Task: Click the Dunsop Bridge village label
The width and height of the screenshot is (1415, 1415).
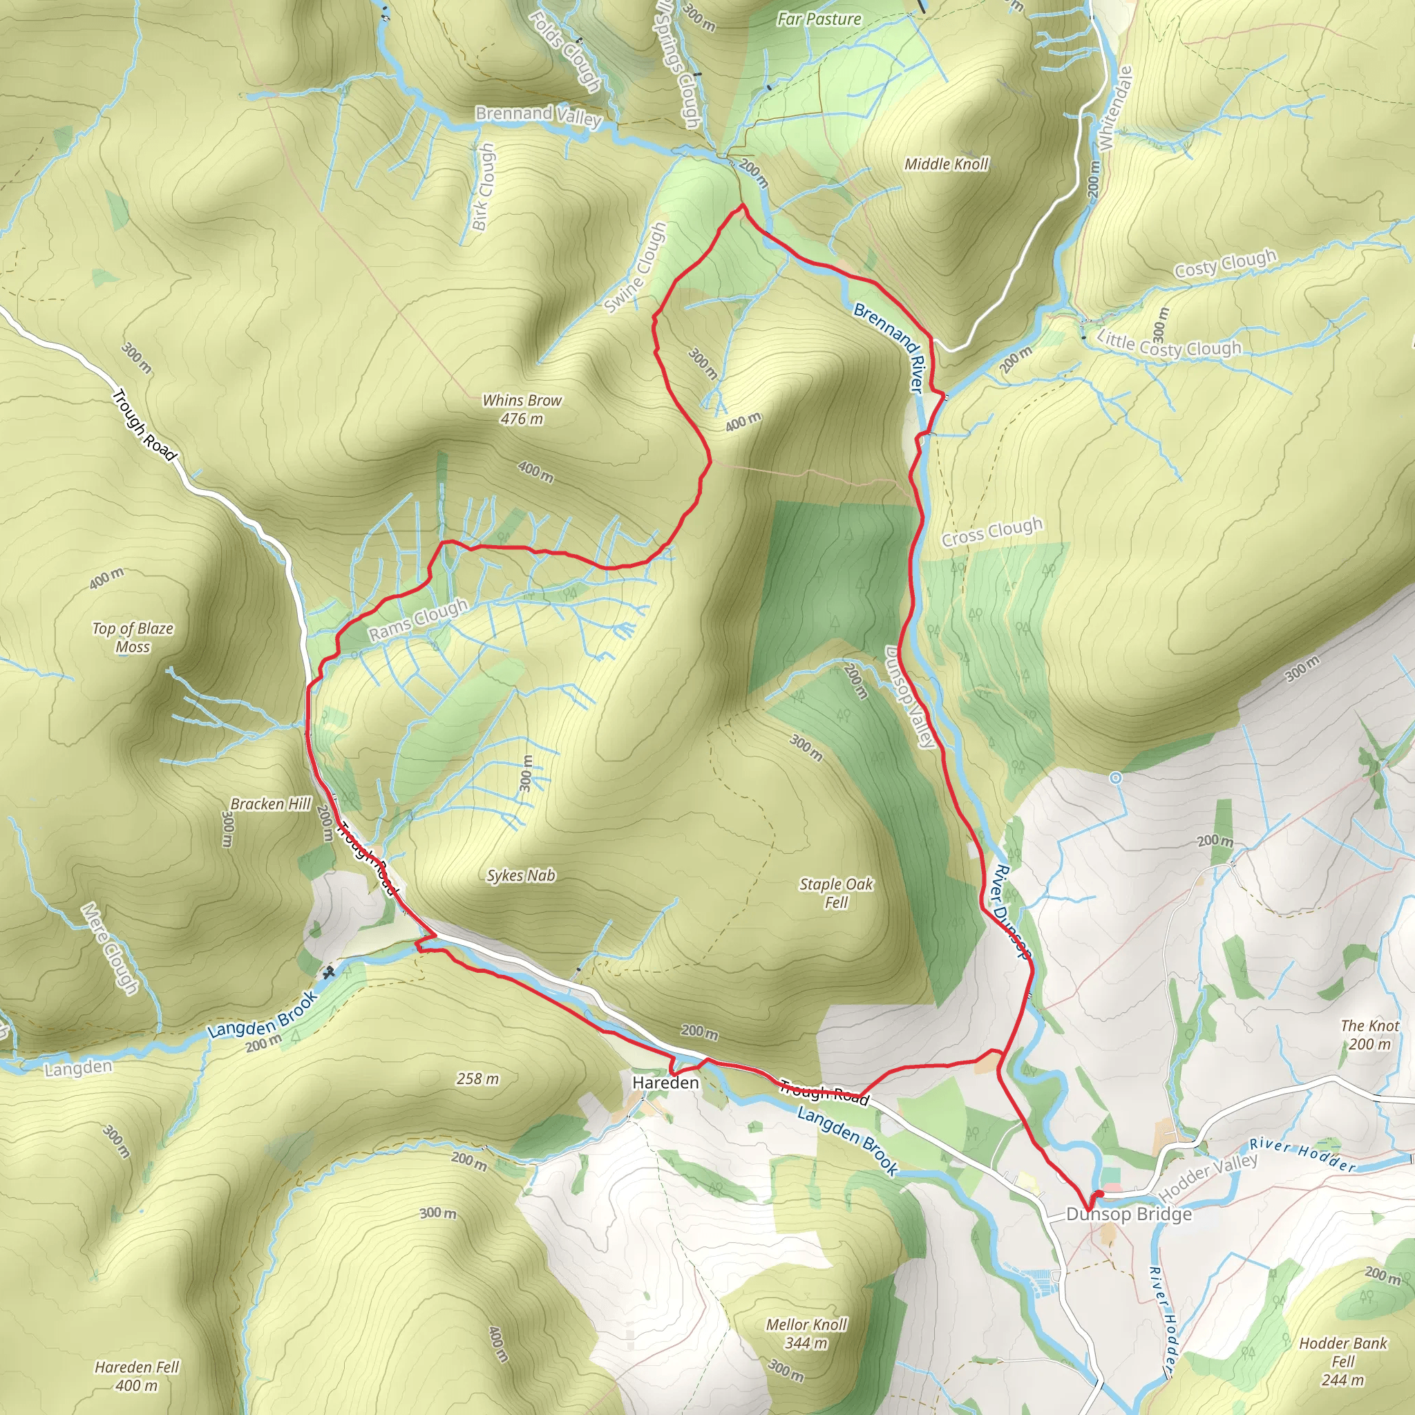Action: point(1129,1215)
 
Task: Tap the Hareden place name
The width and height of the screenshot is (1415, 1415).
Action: point(665,1083)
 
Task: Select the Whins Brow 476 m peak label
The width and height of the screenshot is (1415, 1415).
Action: point(522,410)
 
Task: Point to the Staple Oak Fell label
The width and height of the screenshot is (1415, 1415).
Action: point(836,893)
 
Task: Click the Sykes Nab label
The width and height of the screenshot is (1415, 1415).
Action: point(521,875)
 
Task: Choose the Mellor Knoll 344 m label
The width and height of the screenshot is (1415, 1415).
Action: point(806,1333)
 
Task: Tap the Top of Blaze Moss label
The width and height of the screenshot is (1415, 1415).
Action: point(133,637)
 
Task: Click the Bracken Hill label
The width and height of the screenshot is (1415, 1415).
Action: point(270,804)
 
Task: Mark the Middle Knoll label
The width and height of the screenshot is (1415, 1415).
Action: point(947,164)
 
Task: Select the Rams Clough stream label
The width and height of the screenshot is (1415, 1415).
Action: point(417,620)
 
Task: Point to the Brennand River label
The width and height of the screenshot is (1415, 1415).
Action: point(887,349)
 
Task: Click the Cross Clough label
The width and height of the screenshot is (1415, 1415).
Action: point(991,532)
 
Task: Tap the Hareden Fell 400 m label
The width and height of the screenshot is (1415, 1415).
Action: point(137,1376)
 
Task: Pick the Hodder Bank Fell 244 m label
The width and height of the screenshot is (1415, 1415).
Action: point(1342,1362)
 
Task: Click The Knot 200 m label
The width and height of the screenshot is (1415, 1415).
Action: point(1369,1035)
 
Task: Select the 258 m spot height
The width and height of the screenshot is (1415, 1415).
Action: point(477,1079)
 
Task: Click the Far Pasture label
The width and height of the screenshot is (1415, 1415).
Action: point(819,19)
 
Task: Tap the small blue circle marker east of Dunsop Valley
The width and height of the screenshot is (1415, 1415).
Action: point(1115,779)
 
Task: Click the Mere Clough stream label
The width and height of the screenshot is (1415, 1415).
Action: point(110,949)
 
